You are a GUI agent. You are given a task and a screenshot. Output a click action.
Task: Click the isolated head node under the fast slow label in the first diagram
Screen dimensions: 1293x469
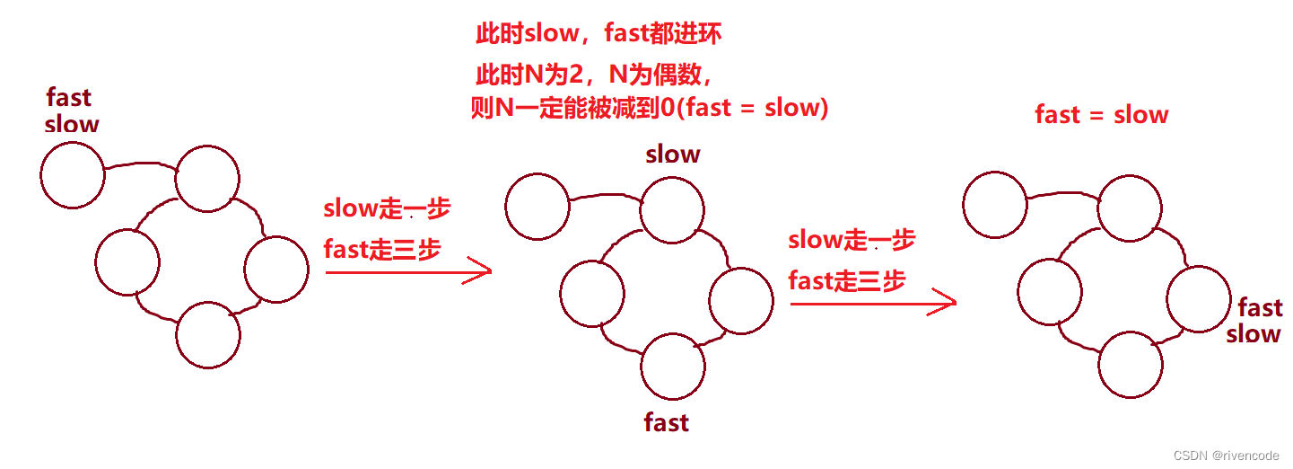point(73,175)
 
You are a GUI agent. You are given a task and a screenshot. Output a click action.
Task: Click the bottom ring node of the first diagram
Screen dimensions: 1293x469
point(208,335)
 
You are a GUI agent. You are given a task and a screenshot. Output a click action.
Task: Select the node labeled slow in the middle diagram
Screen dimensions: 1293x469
point(673,211)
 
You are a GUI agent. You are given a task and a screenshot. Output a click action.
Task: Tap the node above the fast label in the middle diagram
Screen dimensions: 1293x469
point(673,366)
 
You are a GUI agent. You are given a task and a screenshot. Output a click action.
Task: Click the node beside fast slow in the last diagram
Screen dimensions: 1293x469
point(1199,299)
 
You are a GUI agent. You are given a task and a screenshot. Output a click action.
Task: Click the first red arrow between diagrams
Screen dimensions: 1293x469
point(408,270)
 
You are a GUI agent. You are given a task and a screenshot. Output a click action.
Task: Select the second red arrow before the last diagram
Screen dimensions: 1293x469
point(873,304)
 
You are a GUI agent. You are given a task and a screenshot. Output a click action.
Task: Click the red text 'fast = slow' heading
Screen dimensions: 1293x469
point(1102,115)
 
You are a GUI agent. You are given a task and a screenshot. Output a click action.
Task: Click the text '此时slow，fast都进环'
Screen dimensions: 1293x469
point(598,35)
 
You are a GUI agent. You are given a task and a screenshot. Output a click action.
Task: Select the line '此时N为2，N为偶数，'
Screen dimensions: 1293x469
point(594,74)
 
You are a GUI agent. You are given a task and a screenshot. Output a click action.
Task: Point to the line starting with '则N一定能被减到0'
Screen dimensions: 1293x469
point(650,109)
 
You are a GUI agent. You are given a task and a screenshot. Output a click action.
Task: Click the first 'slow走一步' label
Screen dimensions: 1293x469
point(387,208)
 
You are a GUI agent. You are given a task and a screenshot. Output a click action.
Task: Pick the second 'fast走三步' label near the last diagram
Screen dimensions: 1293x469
point(847,281)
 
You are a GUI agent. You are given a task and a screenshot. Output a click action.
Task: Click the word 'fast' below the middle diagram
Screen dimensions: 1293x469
point(666,422)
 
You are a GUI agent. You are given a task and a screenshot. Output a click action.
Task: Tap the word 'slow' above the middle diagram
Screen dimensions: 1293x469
point(673,155)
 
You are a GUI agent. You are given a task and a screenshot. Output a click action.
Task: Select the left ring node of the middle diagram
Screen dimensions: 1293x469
point(591,293)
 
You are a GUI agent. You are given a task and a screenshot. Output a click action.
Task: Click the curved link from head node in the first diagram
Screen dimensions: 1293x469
point(140,165)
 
